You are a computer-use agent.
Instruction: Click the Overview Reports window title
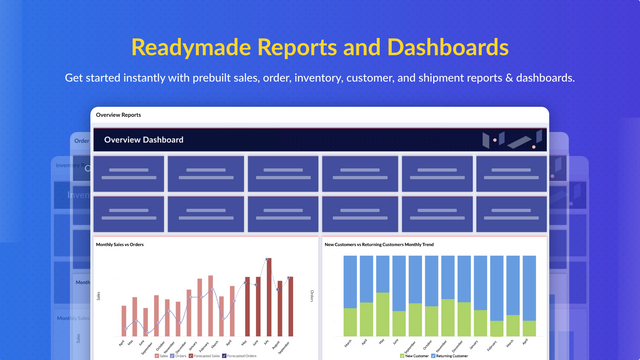119,115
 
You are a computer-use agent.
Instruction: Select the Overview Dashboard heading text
144,140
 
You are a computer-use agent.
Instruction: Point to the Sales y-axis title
98,296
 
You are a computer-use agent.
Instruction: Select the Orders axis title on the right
313,296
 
